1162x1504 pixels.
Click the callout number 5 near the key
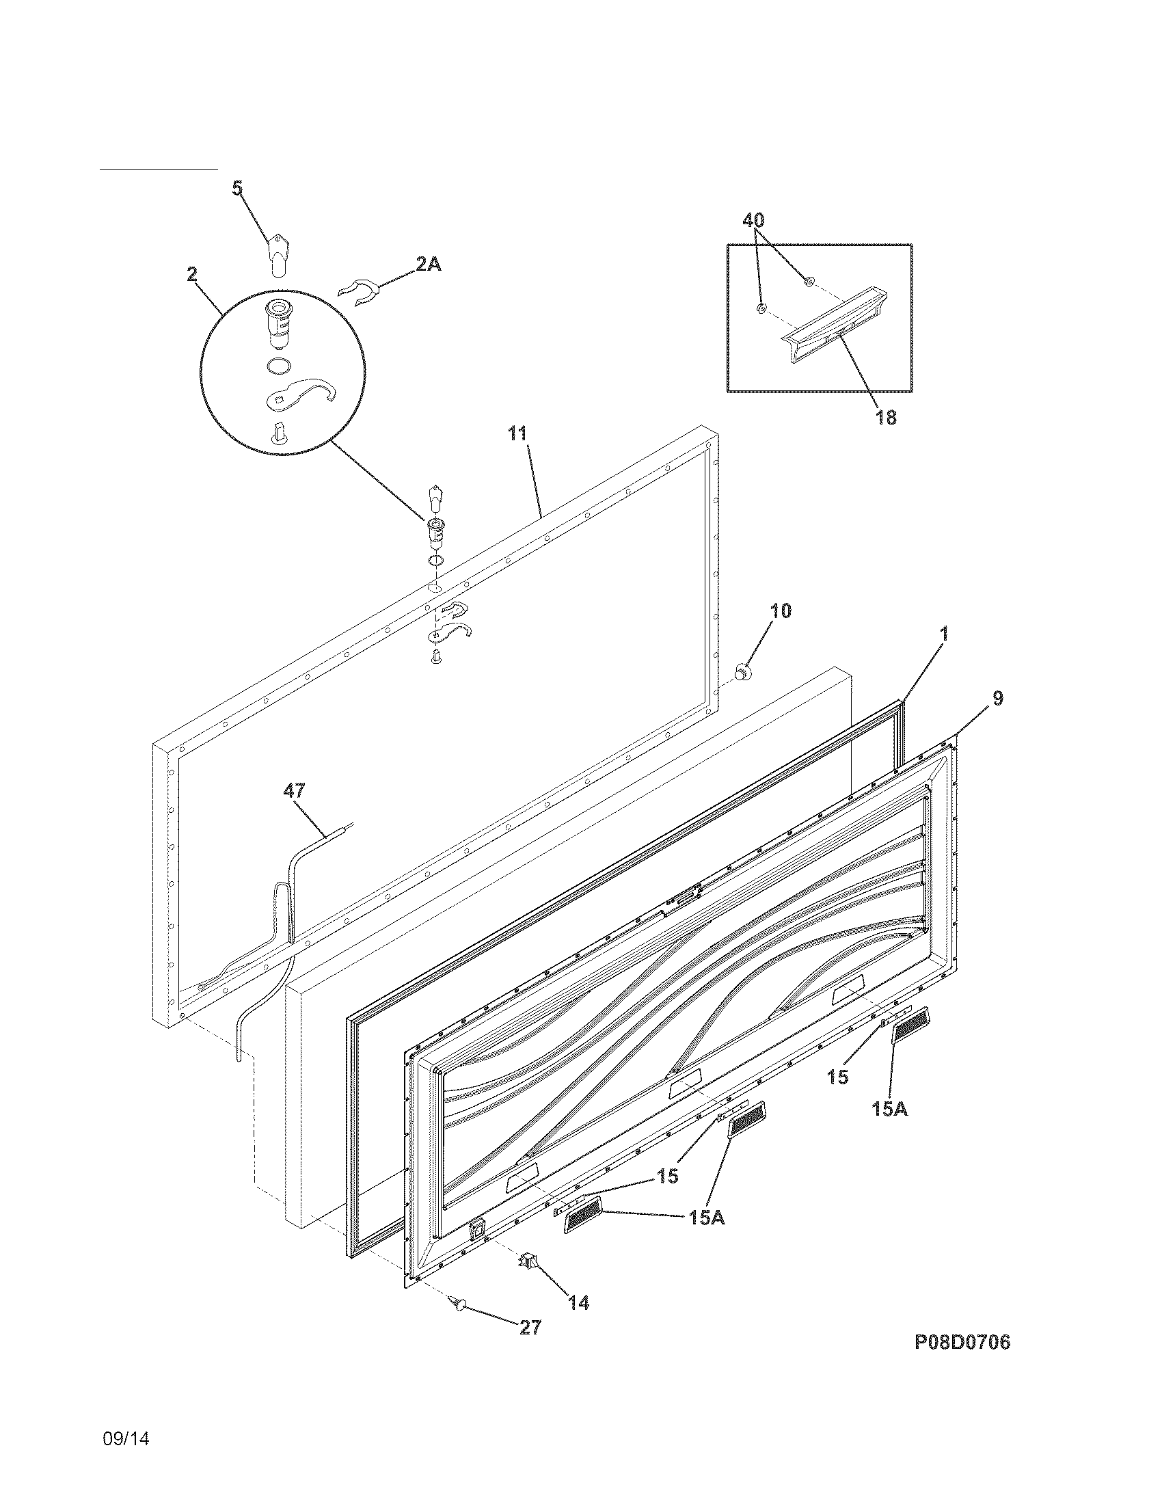point(237,189)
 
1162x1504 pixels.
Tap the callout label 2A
point(427,264)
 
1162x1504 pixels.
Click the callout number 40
point(753,220)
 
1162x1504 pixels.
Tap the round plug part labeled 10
point(743,669)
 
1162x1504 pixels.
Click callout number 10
point(781,610)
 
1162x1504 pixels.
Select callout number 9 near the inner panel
point(998,698)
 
